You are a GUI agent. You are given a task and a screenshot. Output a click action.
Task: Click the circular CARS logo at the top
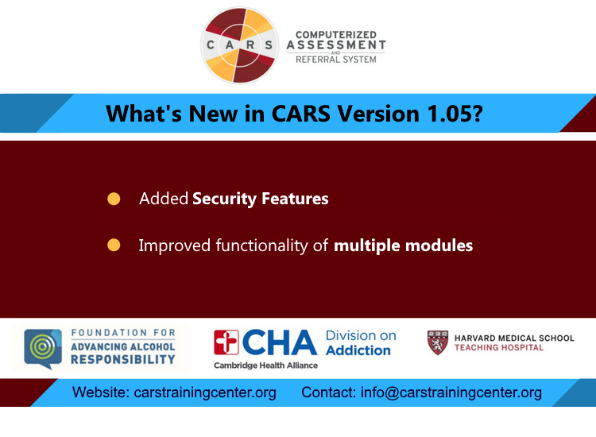(x=240, y=45)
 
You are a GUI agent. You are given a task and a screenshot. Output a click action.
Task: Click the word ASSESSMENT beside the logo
(x=336, y=45)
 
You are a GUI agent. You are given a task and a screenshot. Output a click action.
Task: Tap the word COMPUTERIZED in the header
(x=335, y=34)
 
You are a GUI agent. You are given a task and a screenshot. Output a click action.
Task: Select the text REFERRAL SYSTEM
(x=335, y=59)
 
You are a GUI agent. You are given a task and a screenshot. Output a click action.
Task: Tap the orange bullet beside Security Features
(x=114, y=199)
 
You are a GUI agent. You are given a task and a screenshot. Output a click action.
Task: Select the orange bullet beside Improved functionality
(x=114, y=246)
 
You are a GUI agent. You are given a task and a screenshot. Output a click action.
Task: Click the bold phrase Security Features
(x=260, y=199)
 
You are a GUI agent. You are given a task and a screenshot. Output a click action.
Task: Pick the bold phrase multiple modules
(x=403, y=246)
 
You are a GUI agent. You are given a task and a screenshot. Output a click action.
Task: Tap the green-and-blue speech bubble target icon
(x=42, y=348)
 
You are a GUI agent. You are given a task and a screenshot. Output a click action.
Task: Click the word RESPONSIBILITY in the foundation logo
(x=122, y=359)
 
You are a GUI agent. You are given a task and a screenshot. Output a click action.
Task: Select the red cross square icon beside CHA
(x=226, y=342)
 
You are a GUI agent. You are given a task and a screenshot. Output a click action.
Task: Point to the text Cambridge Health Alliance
(x=265, y=365)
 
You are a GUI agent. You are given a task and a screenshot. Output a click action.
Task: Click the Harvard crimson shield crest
(x=438, y=342)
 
